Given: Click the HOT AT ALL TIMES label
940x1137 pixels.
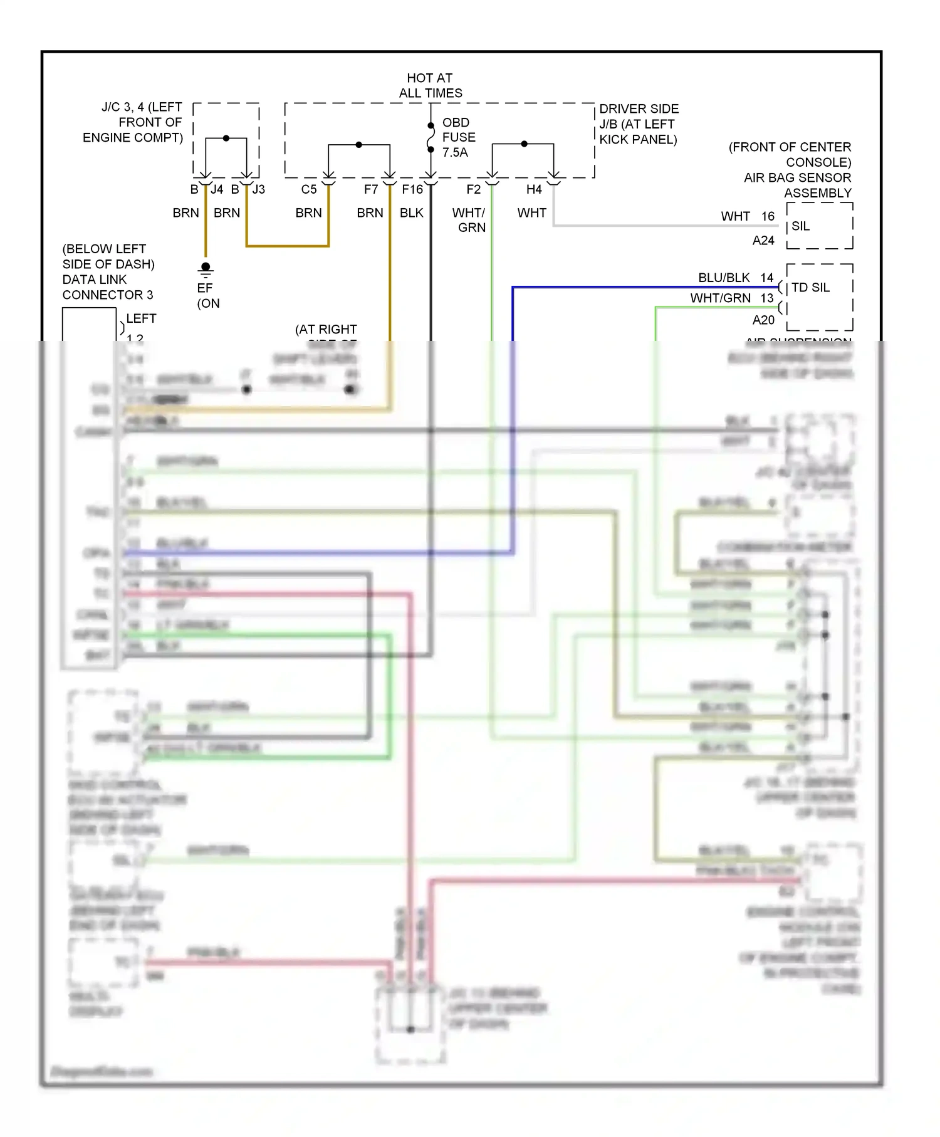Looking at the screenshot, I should (430, 85).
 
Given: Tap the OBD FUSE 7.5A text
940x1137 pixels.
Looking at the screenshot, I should (458, 137).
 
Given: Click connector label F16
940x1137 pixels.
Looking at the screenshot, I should (412, 189).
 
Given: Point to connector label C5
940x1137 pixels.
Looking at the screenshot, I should (309, 189).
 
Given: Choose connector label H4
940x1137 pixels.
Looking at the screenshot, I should (534, 189).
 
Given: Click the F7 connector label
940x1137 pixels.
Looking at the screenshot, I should (371, 189).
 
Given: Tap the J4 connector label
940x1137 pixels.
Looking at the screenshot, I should (217, 189).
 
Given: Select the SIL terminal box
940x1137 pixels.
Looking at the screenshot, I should (819, 226).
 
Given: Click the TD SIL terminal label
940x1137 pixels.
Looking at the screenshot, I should (810, 287).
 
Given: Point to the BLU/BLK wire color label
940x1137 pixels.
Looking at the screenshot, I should (724, 278).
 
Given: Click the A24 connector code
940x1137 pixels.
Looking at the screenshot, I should (763, 241).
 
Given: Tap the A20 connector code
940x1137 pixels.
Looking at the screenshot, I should (763, 320).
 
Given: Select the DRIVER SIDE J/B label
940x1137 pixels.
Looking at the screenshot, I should (639, 124).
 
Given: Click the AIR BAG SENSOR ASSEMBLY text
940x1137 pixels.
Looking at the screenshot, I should (797, 185).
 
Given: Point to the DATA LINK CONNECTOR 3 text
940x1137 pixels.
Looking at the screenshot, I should (107, 287).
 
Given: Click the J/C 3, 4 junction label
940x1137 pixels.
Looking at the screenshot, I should (133, 122).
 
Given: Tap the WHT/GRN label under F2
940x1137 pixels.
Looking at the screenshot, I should (469, 220).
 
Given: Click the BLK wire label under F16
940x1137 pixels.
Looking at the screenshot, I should (412, 213).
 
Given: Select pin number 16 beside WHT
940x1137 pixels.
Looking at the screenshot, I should (768, 216).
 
